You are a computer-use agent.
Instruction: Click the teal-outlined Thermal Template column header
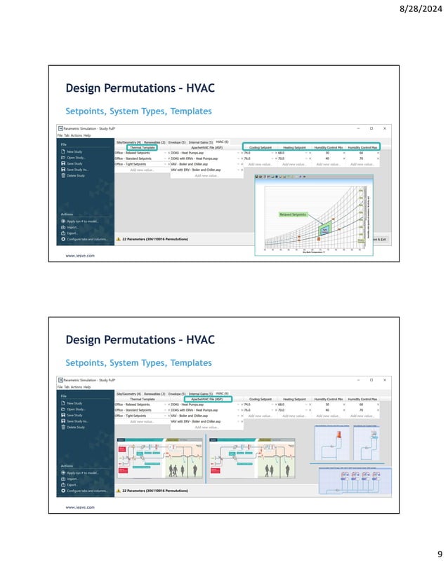coord(143,148)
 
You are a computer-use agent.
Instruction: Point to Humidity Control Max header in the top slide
coord(363,148)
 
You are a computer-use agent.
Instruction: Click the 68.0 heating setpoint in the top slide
coord(281,152)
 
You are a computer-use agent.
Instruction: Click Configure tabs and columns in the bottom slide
coord(87,491)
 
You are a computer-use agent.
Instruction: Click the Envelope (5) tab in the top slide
coord(177,142)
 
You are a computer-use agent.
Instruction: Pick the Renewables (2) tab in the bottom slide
coord(154,394)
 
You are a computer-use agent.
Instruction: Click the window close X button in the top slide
coord(383,129)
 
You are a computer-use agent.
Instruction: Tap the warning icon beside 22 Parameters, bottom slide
coord(119,491)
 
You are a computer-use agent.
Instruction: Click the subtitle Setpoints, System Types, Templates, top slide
coord(138,111)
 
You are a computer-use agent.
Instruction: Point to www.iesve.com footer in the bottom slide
coord(80,506)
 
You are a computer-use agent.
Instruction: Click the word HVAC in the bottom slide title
coord(195,340)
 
